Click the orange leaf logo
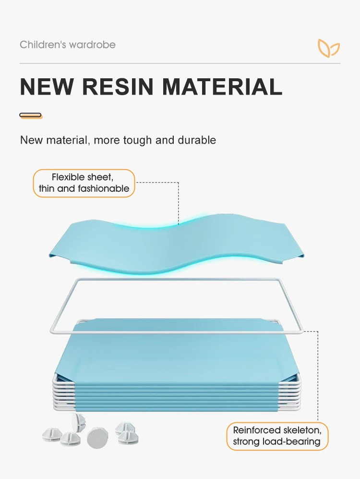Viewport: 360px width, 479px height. [329, 48]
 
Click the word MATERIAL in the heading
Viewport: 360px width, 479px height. [222, 87]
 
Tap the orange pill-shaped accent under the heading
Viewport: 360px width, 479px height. [31, 115]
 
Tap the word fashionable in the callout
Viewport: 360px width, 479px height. [101, 189]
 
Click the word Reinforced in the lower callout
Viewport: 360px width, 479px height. [256, 430]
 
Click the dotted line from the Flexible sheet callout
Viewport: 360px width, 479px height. [179, 202]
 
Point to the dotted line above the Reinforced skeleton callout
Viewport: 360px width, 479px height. [317, 375]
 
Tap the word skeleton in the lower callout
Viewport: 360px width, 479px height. [301, 430]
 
